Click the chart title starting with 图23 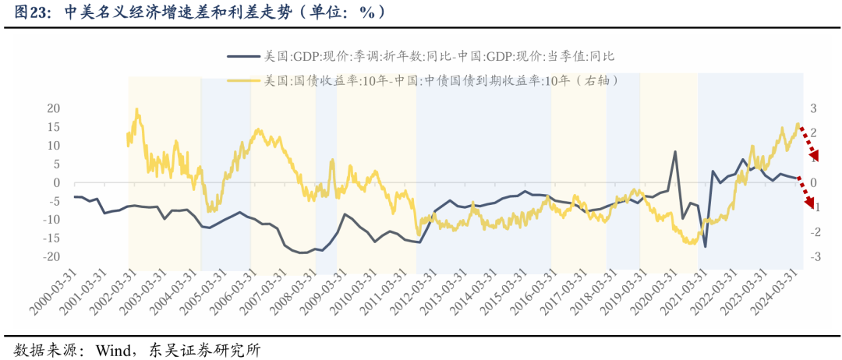200,12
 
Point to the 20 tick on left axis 54,108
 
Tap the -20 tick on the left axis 51,256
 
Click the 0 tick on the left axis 57,182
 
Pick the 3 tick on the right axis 813,108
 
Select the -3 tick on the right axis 813,256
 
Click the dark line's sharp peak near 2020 675,152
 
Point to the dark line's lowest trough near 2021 705,246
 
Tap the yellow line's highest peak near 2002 137,110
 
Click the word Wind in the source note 113,349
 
